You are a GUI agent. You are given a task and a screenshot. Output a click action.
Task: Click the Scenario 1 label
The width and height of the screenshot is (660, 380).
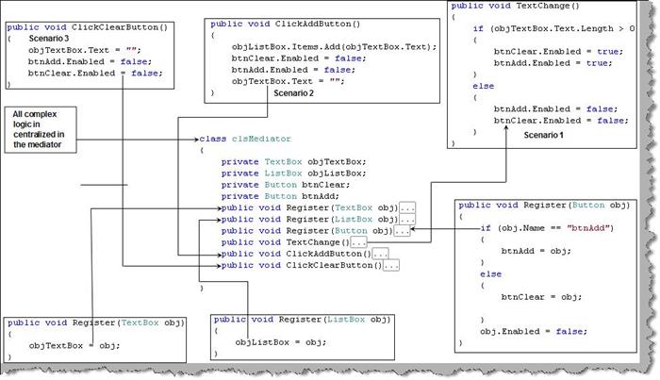pyautogui.click(x=543, y=135)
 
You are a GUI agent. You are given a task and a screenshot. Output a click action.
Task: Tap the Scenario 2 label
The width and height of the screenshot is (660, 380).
pyautogui.click(x=293, y=93)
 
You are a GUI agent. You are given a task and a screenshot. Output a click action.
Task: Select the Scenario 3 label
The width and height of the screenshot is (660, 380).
pyautogui.click(x=49, y=39)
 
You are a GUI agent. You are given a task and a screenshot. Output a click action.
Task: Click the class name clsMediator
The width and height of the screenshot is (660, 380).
pyautogui.click(x=261, y=139)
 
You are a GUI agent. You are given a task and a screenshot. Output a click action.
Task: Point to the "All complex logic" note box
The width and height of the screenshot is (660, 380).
pyautogui.click(x=41, y=129)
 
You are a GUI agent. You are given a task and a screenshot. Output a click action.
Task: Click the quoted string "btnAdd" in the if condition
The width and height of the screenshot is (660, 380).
pyautogui.click(x=588, y=228)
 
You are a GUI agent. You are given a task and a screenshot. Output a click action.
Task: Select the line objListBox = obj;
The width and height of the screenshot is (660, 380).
pyautogui.click(x=281, y=342)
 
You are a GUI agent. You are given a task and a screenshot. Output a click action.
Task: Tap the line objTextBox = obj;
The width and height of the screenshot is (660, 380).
pyautogui.click(x=74, y=345)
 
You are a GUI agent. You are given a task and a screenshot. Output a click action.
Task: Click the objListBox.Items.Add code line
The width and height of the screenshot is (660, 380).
pyautogui.click(x=334, y=47)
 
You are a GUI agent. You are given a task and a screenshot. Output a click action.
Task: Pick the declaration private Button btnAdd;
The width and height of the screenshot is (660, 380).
pyautogui.click(x=280, y=196)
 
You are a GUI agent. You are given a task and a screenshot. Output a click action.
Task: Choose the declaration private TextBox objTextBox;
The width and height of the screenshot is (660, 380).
pyautogui.click(x=294, y=162)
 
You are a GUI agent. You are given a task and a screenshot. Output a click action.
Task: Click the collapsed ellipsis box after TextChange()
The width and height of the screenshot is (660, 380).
pyautogui.click(x=358, y=242)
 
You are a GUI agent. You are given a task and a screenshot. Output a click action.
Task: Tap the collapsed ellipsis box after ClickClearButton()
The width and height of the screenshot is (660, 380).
pyautogui.click(x=391, y=266)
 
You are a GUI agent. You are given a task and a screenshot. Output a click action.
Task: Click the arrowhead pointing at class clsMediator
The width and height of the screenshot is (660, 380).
pyautogui.click(x=196, y=140)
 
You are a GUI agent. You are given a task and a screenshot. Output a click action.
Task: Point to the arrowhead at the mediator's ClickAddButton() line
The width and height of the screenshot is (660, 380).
pyautogui.click(x=219, y=255)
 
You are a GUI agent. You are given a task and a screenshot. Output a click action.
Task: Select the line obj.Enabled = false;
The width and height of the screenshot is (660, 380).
pyautogui.click(x=534, y=331)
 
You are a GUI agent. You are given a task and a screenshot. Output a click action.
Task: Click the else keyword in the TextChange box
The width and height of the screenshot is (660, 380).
pyautogui.click(x=483, y=86)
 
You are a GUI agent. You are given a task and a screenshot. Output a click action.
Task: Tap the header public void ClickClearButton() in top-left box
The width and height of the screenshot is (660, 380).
pyautogui.click(x=87, y=27)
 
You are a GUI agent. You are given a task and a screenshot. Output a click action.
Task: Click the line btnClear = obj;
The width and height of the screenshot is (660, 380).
pyautogui.click(x=541, y=297)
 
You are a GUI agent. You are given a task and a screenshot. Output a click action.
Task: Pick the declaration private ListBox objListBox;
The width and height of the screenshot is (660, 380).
pyautogui.click(x=294, y=173)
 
